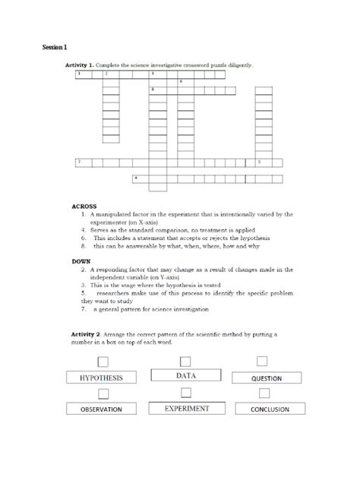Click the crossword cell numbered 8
click(156, 90)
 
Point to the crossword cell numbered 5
click(263, 163)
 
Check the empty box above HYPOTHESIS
click(103, 361)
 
